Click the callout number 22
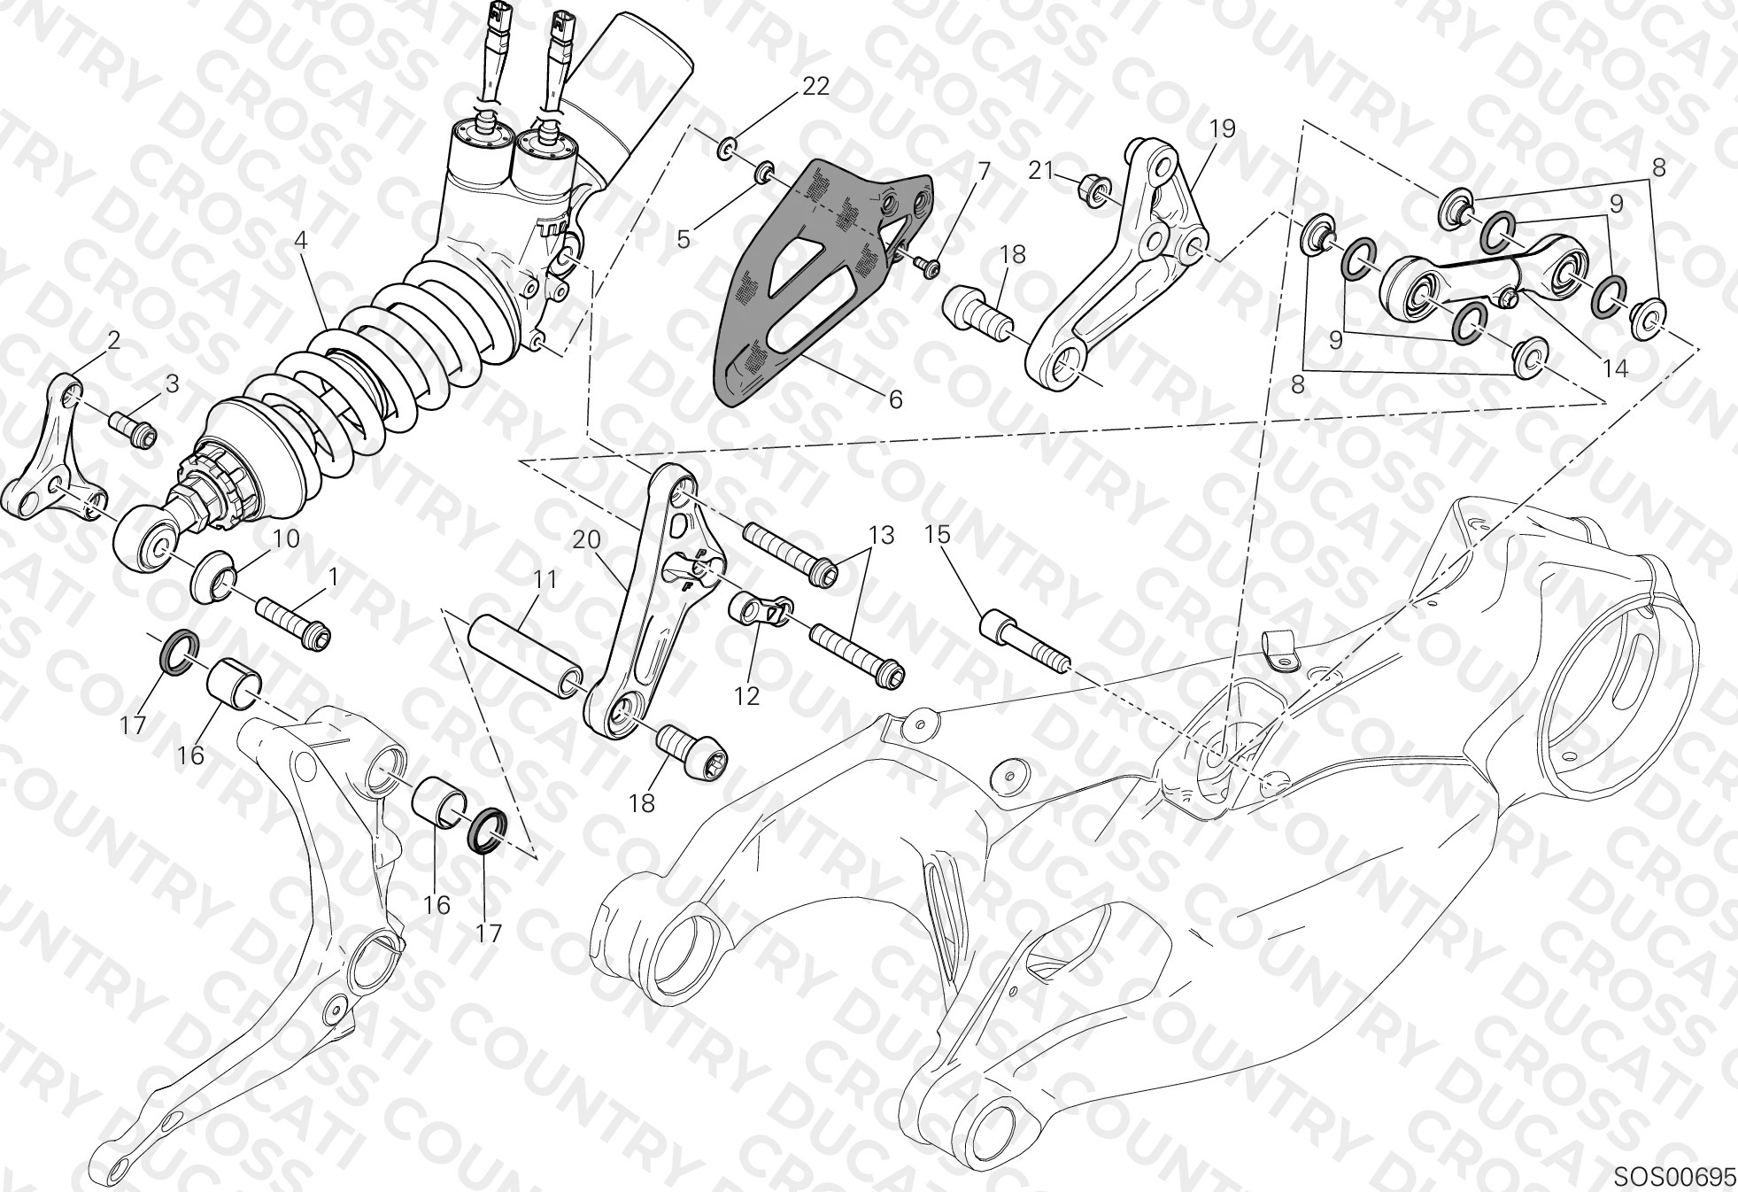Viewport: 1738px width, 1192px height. (x=815, y=86)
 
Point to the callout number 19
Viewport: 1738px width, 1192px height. (x=1222, y=129)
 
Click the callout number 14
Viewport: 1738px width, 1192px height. (x=1616, y=367)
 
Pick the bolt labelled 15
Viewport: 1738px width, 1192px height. (x=1024, y=639)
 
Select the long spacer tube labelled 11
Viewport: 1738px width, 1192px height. (x=525, y=655)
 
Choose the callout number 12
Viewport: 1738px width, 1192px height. (x=747, y=696)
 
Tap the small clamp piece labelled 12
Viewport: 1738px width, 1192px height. (x=760, y=610)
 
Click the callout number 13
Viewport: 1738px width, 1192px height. (x=881, y=535)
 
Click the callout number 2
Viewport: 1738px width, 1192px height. (x=112, y=340)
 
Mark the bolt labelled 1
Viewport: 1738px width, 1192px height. (x=293, y=622)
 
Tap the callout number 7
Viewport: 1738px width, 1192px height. (x=983, y=172)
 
